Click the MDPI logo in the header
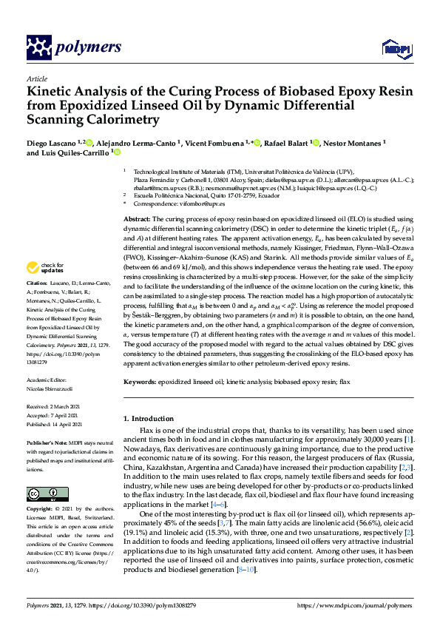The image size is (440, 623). coord(393,48)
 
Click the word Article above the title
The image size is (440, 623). coord(36,78)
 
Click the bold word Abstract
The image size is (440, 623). coord(137,220)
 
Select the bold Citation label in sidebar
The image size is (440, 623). coord(36,303)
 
